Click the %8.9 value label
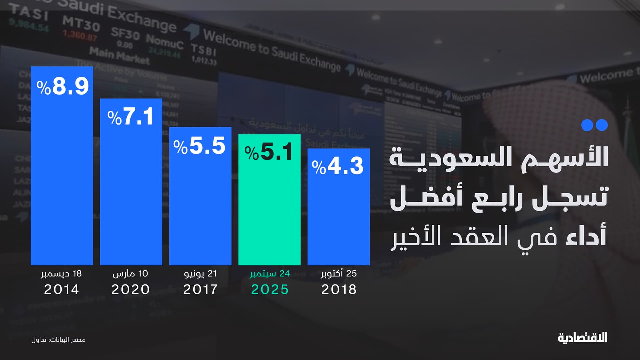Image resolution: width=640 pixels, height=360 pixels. (x=63, y=86)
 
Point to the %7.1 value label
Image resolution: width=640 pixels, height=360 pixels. (x=130, y=117)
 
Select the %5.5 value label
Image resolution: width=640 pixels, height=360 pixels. (x=199, y=146)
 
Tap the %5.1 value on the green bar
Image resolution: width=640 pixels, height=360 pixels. (x=269, y=152)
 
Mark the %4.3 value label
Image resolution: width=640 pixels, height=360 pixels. (x=338, y=166)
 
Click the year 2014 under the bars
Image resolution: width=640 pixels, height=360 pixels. (x=61, y=289)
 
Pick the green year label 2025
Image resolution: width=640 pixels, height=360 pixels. (x=270, y=289)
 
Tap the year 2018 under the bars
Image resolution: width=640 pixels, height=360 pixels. (x=339, y=289)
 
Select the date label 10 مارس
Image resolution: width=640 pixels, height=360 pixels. (x=130, y=274)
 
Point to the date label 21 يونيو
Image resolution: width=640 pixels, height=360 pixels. (x=200, y=274)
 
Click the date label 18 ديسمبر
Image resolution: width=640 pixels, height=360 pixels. (x=61, y=274)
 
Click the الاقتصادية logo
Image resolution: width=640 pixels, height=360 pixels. (x=582, y=338)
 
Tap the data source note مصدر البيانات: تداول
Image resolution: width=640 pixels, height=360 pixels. (x=58, y=340)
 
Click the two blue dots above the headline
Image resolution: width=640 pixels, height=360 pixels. (x=594, y=125)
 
